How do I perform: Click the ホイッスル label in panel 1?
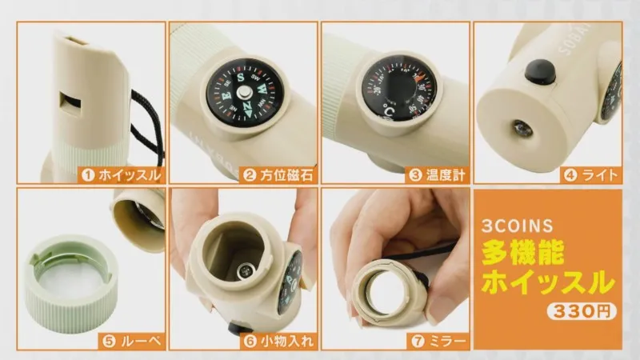(130, 175)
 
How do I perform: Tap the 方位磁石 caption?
(286, 175)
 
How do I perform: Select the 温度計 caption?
(446, 175)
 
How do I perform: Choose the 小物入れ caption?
(287, 342)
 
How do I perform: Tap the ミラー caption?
(447, 342)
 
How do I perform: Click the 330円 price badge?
(582, 311)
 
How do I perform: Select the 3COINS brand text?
(517, 226)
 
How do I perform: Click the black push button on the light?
(540, 72)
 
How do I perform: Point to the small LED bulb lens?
(523, 129)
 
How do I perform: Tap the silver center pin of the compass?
(245, 93)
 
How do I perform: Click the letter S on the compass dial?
(242, 77)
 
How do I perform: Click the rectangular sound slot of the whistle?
(70, 104)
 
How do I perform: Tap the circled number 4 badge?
(570, 175)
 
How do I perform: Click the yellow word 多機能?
(523, 252)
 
